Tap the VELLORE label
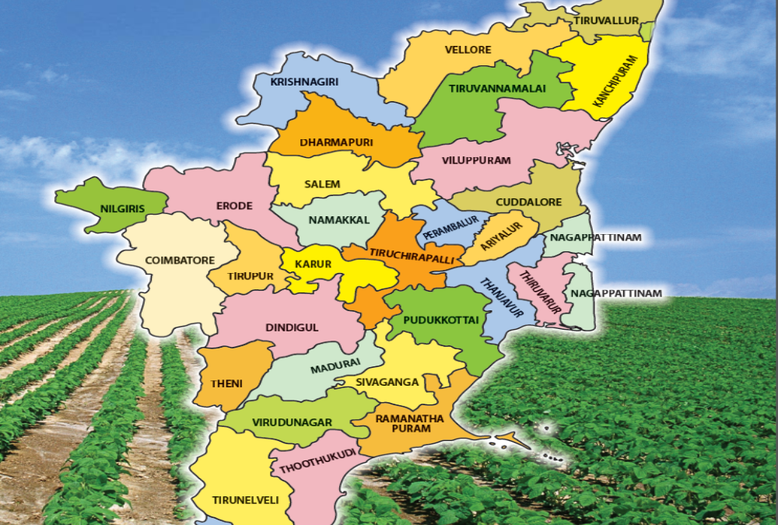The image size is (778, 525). click(468, 50)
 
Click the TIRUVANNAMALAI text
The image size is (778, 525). click(498, 89)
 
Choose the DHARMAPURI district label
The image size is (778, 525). click(337, 142)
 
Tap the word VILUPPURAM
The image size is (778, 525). click(477, 160)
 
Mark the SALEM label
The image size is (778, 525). click(322, 184)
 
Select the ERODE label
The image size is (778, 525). click(234, 205)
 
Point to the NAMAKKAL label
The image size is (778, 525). click(338, 220)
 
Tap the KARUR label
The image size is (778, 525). click(313, 264)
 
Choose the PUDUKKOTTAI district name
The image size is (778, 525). click(440, 319)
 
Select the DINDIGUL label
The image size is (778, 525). click(292, 327)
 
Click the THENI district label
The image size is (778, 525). click(226, 383)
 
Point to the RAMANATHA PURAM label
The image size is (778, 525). click(409, 423)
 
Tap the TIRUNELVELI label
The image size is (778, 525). click(245, 500)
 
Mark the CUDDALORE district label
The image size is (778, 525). click(529, 202)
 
